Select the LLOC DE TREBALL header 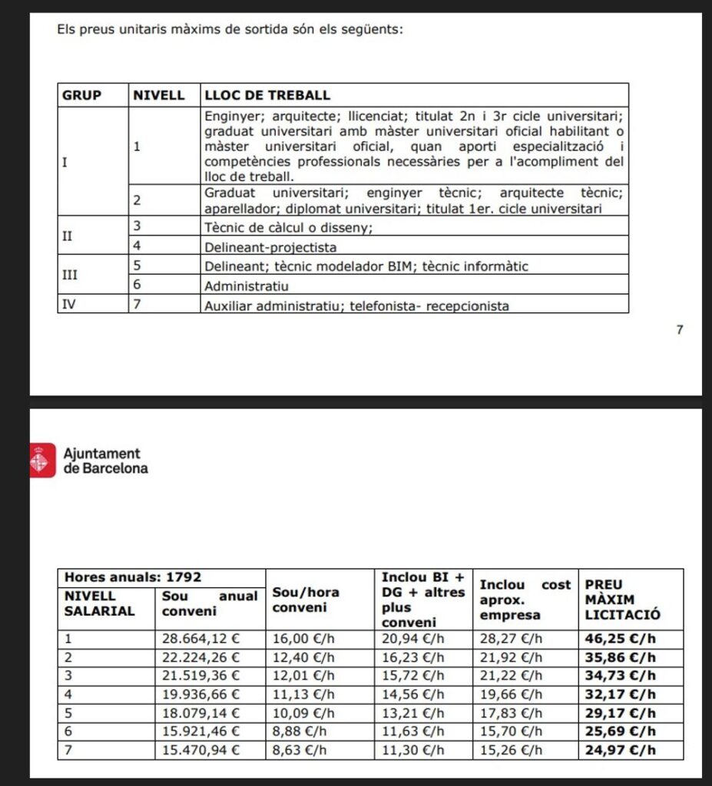pos(267,95)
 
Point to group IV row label pos(68,305)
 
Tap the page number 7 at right pos(679,330)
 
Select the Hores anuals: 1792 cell pos(132,577)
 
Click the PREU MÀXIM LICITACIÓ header pos(618,599)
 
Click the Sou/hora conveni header pos(306,599)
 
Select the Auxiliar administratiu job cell pos(356,305)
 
